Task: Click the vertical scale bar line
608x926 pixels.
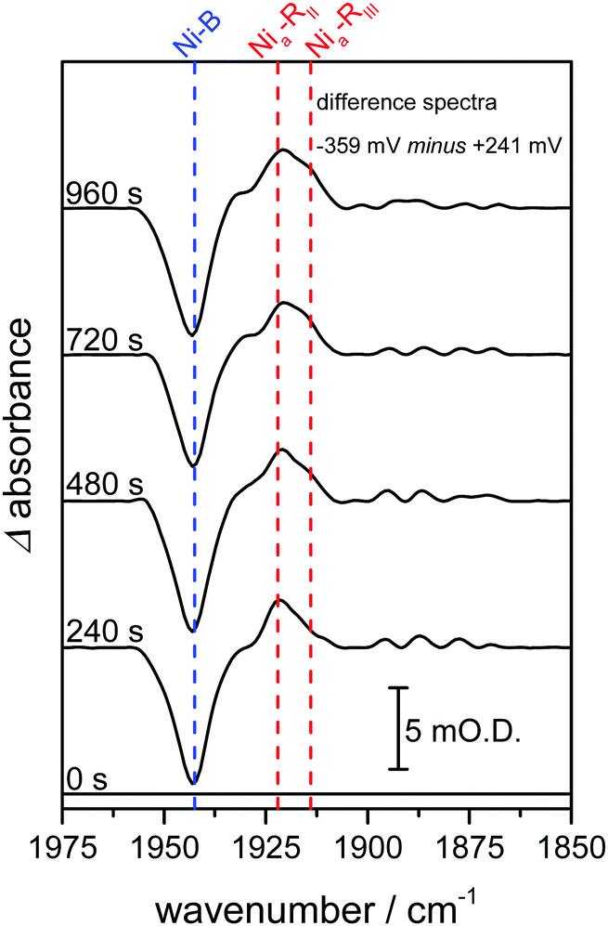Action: click(x=398, y=728)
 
